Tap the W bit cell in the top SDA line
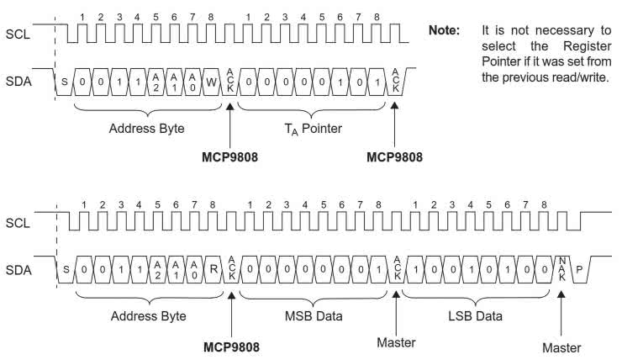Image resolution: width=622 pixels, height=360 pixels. point(213,82)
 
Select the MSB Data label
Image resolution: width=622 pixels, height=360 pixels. point(313,316)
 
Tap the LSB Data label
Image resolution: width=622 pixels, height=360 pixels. point(477,316)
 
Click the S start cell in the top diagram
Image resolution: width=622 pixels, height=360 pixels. point(63,82)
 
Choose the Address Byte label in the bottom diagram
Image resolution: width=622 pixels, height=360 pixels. point(147,316)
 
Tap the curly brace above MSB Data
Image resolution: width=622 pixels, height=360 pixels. point(314,297)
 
